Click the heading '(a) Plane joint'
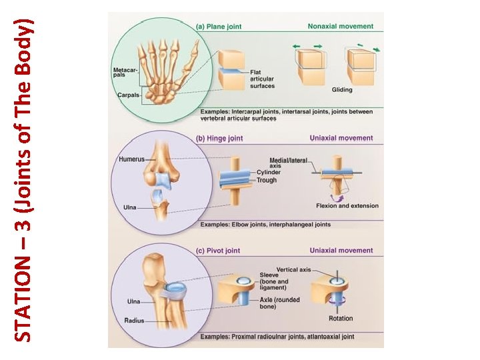(219, 27)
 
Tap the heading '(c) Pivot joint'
(219, 250)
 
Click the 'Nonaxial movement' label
(340, 27)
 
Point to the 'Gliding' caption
(342, 90)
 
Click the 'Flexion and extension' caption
(347, 205)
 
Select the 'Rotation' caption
(341, 319)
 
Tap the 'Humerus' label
(131, 159)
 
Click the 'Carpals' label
(127, 95)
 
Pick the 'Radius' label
(134, 321)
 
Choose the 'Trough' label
(267, 180)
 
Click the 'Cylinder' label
(269, 173)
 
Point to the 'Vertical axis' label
(293, 269)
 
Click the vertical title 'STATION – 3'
(24, 180)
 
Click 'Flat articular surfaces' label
(262, 79)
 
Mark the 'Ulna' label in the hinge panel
(129, 207)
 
